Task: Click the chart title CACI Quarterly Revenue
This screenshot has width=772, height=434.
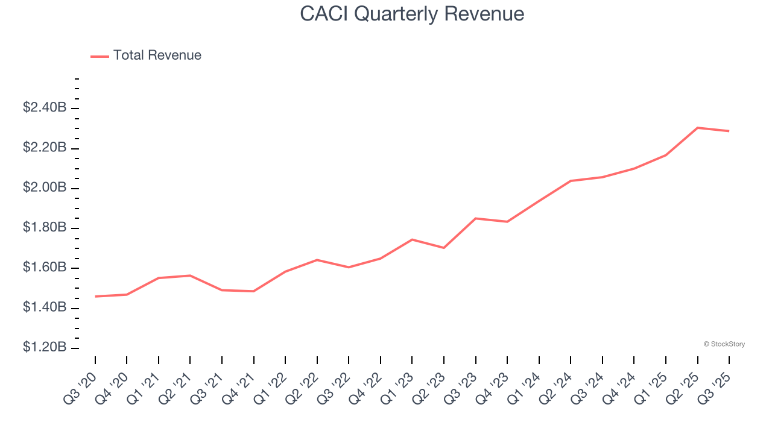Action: [412, 14]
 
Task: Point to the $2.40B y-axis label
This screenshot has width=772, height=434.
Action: [44, 108]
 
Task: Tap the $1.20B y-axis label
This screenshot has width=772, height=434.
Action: [44, 348]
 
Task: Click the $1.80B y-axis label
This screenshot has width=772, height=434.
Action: [44, 228]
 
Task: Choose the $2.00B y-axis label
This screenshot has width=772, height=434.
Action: [44, 188]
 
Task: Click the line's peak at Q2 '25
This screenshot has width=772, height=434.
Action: [697, 128]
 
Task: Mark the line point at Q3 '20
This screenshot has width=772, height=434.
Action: [95, 297]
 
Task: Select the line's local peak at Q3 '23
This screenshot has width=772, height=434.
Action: [476, 218]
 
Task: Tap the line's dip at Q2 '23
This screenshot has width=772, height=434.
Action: [444, 248]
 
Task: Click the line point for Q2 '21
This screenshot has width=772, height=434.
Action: [191, 275]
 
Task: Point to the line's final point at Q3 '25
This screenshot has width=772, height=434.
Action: [729, 131]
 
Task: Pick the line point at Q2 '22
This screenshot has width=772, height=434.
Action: [317, 260]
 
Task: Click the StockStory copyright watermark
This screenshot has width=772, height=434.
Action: [724, 344]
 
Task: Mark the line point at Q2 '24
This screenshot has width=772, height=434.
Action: [571, 181]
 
